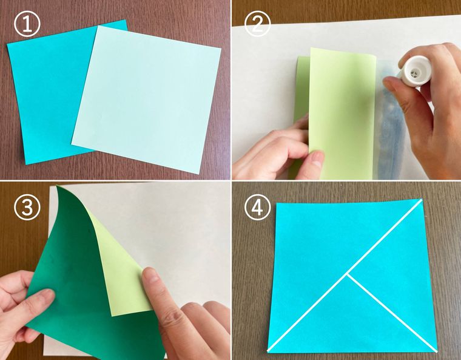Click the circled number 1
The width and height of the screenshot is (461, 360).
point(27,25)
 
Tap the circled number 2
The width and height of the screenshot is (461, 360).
point(257,25)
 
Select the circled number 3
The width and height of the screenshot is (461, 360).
point(27,208)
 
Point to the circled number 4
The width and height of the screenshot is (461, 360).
point(257,208)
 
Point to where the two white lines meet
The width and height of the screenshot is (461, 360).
point(348,274)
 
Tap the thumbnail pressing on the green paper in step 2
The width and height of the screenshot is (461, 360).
point(316,159)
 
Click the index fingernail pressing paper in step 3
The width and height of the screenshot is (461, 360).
point(150,275)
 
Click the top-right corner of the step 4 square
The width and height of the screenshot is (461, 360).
point(422,199)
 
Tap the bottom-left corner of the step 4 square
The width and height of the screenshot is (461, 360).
point(268,351)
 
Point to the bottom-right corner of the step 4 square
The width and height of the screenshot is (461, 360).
point(437,352)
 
